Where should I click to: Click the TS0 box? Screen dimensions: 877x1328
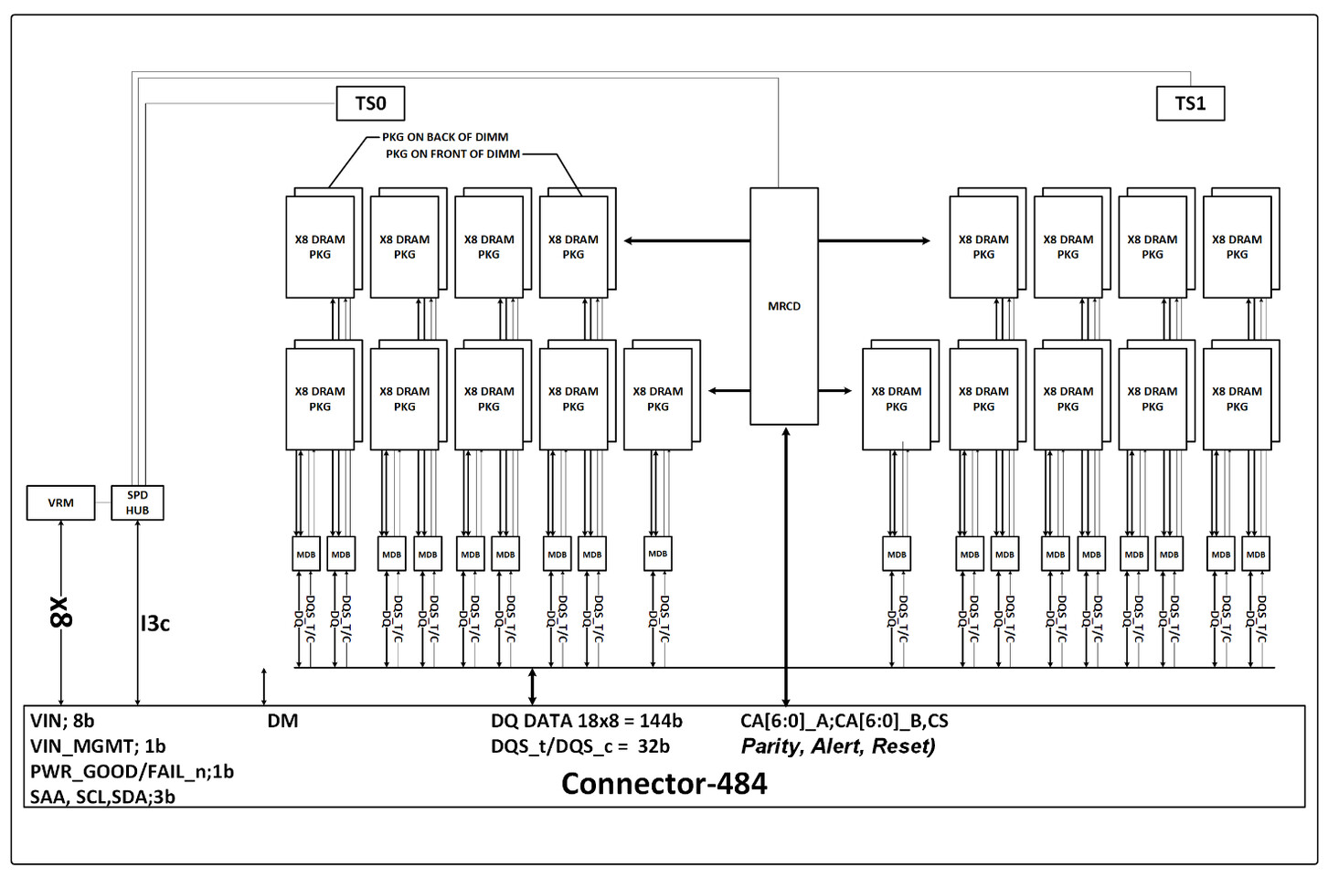coord(370,103)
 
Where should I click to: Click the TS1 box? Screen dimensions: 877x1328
coord(1190,103)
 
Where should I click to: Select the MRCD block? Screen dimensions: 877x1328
coord(783,306)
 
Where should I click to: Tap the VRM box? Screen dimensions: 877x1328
coord(60,502)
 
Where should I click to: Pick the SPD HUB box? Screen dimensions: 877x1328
coord(137,502)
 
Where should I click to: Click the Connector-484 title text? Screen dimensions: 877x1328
coord(664,783)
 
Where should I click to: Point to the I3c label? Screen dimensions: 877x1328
coord(154,623)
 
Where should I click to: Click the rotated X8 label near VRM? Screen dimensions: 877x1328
coord(60,612)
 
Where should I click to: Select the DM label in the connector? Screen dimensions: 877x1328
coord(282,721)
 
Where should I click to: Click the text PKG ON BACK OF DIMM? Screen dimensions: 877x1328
coord(445,137)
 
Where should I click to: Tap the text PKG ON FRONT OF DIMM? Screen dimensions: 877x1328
coord(452,153)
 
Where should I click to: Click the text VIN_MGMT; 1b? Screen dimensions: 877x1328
coord(98,746)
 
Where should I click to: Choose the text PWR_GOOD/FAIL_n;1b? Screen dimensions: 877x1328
coord(132,771)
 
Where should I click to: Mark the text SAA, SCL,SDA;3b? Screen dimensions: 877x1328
coord(102,797)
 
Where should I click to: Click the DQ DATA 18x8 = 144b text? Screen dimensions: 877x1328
coord(586,721)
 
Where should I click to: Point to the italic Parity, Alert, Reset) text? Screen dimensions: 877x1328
coord(838,746)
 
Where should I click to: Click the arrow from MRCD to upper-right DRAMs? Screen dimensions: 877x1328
coord(874,241)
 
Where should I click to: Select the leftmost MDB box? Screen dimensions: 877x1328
coord(305,555)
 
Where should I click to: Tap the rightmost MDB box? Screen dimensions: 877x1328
coord(1256,555)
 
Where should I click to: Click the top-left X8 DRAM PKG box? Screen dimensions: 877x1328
coord(320,247)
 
